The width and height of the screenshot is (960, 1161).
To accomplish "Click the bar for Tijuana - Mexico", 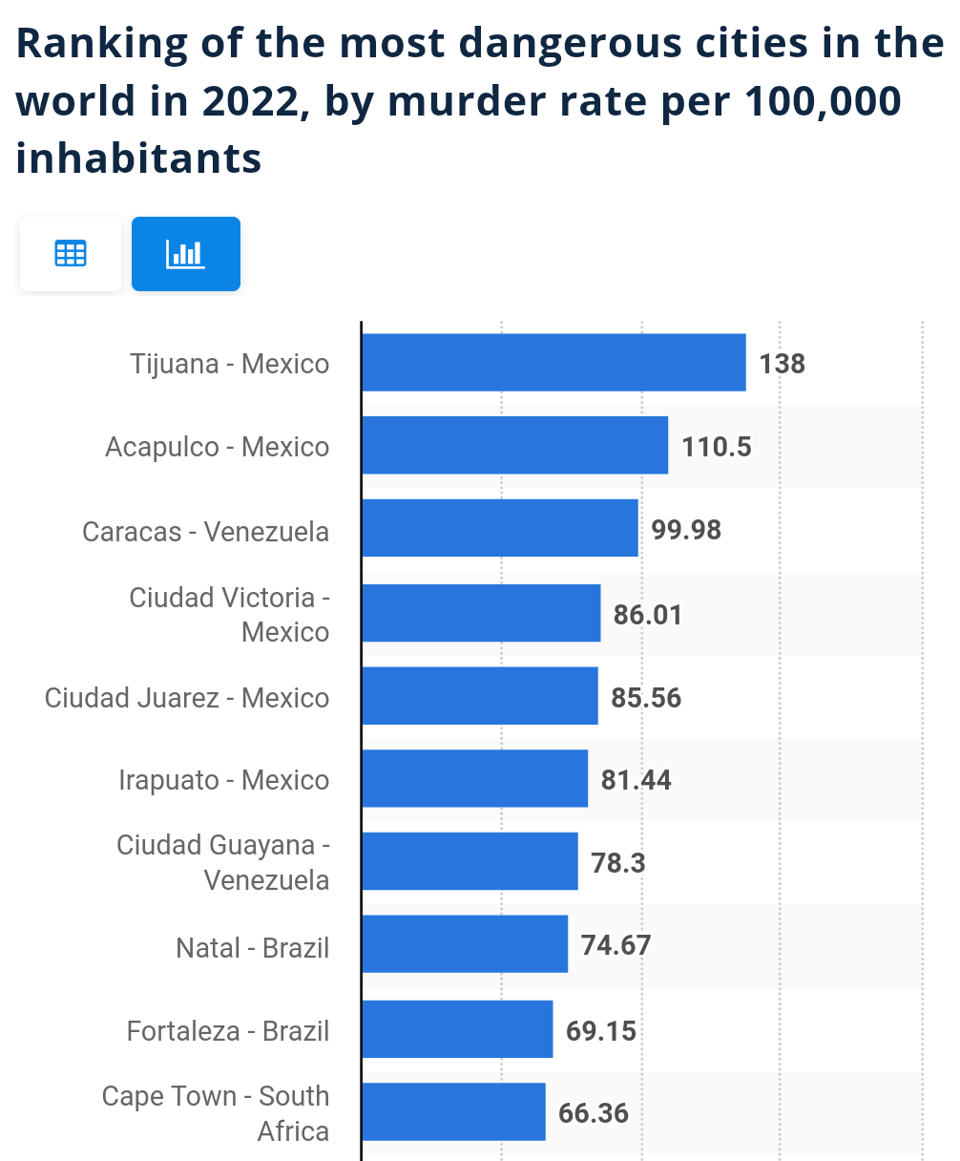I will click(x=553, y=363).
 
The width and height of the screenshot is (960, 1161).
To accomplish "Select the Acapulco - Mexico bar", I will click(x=515, y=446).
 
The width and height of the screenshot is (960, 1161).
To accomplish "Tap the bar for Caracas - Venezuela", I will click(x=500, y=528).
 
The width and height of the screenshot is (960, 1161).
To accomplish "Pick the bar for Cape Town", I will click(x=454, y=1111).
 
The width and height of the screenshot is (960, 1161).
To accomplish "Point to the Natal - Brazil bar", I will click(x=465, y=944).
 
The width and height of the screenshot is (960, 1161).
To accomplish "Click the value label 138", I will click(x=783, y=364).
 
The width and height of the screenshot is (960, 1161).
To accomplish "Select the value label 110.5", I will click(x=717, y=447).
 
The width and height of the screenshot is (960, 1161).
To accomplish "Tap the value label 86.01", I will click(x=648, y=614).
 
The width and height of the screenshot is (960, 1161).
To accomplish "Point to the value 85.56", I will click(x=646, y=698).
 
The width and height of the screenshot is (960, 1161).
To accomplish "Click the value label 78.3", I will click(x=617, y=863).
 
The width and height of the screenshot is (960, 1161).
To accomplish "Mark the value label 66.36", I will click(x=594, y=1113).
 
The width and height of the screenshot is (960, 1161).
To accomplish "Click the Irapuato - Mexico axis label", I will click(x=224, y=780).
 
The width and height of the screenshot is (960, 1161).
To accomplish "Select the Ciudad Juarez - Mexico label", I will click(x=187, y=698).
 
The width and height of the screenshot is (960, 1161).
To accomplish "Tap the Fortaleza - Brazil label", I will click(x=228, y=1031).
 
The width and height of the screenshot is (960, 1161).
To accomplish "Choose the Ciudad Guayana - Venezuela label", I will click(x=223, y=862).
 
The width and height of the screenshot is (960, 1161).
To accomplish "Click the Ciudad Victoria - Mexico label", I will click(x=229, y=614).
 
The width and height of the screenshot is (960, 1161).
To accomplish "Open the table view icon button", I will click(x=71, y=254).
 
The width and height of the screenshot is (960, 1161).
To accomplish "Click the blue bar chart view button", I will click(x=186, y=254).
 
